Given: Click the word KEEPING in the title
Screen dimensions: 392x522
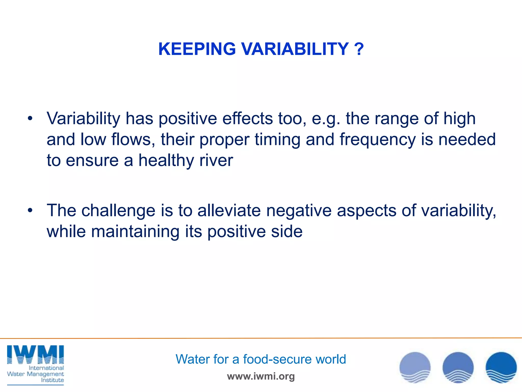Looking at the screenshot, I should click(197, 49).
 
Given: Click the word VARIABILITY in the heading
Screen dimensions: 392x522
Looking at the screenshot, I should click(295, 49).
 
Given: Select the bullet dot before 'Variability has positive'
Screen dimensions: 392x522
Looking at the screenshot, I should click(30, 118).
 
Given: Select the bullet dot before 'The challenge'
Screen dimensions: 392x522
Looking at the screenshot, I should click(30, 211).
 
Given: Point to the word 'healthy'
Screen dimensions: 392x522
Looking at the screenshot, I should click(166, 161).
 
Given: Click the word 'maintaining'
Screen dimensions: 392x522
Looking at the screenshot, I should click(135, 231).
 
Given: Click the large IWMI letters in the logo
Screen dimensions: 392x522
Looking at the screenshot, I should click(35, 354).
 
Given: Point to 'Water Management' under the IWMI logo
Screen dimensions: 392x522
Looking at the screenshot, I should click(35, 374).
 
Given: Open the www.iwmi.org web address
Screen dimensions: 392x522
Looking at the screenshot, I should click(261, 376).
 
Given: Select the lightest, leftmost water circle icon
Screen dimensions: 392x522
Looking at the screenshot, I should click(415, 367).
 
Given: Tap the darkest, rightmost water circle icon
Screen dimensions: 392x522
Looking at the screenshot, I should click(501, 367).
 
